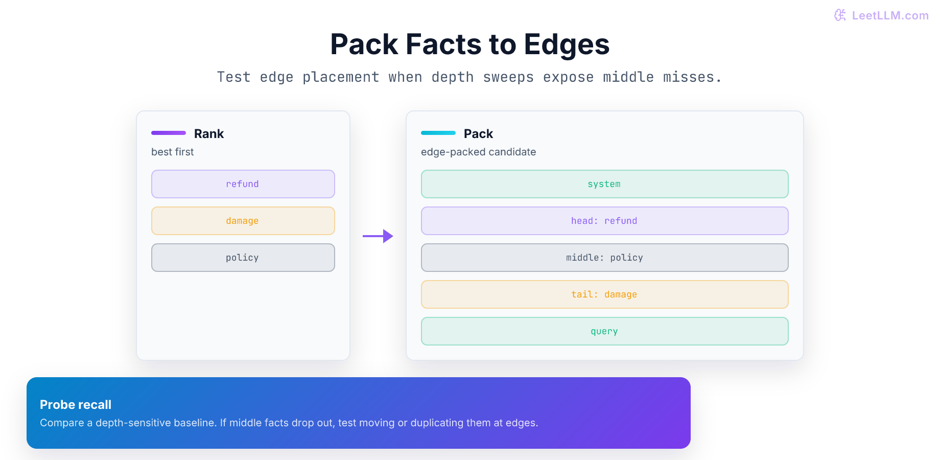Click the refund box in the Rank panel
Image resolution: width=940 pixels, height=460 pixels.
coord(243,184)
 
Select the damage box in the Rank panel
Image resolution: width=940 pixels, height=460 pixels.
coord(243,221)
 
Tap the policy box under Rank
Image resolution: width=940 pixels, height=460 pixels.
coord(243,258)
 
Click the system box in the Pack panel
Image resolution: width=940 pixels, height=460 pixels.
coord(605,184)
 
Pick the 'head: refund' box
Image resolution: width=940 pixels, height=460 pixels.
coord(605,221)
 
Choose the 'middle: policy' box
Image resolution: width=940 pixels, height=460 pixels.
coord(605,258)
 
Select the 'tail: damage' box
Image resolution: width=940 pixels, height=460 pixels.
coord(605,294)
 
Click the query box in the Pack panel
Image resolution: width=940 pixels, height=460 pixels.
coord(605,331)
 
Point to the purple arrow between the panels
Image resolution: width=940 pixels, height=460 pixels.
coord(378,236)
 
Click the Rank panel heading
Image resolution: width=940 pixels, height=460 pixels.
coord(209,134)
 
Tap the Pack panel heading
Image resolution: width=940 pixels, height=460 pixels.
coord(478,134)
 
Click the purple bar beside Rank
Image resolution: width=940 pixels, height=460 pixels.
coord(169,133)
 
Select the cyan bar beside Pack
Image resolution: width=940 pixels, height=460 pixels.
coord(438,133)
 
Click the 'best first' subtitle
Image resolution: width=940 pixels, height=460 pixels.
coord(173,152)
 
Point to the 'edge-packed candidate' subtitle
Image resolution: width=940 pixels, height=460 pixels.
coord(479,152)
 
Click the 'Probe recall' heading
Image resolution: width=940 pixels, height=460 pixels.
coord(76,405)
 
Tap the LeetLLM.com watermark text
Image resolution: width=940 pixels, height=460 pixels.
coord(890,15)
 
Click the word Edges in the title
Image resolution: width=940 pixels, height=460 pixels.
coord(567,45)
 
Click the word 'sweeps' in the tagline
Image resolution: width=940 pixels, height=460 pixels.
coord(508,77)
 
